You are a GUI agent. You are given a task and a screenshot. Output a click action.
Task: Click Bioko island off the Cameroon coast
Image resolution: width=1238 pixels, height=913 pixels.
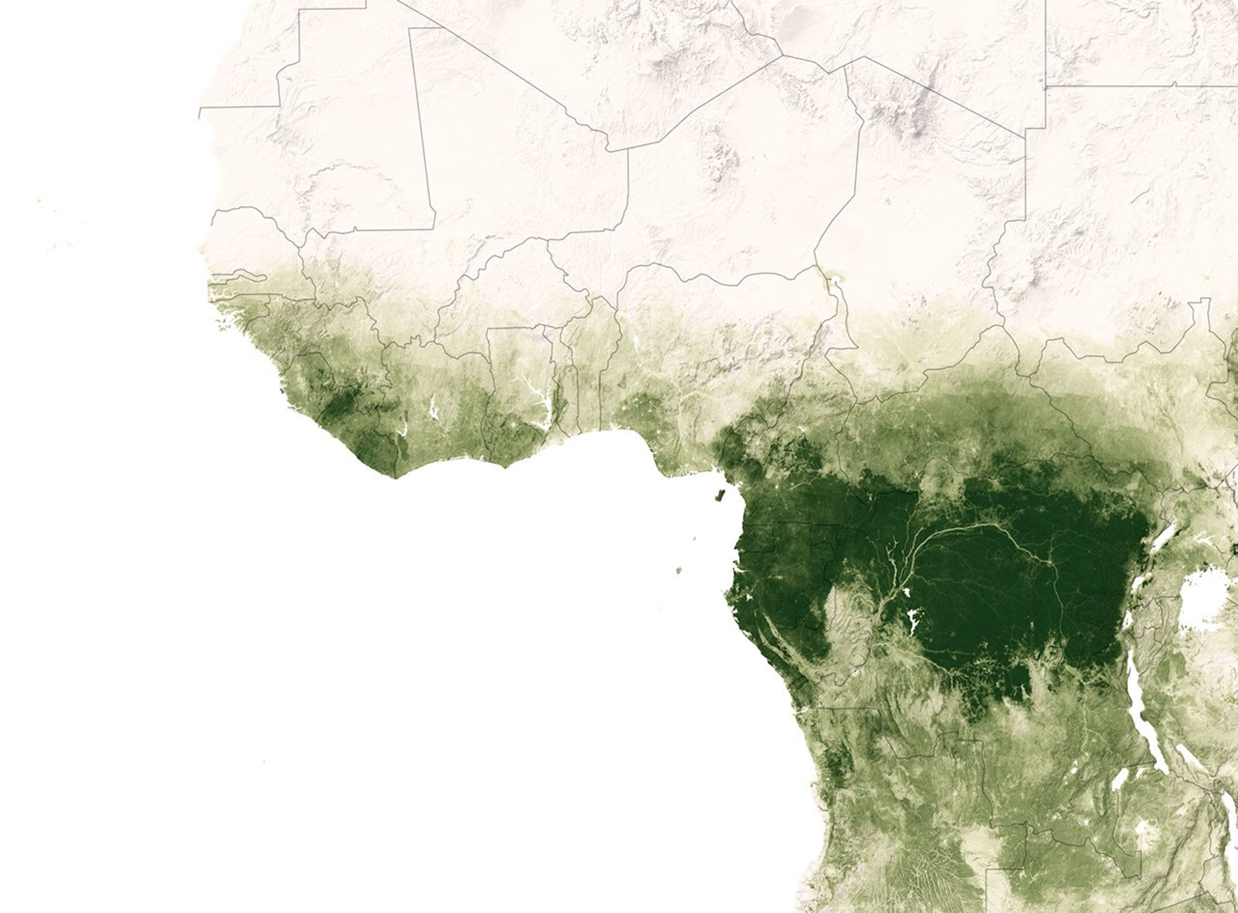[x=720, y=495]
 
